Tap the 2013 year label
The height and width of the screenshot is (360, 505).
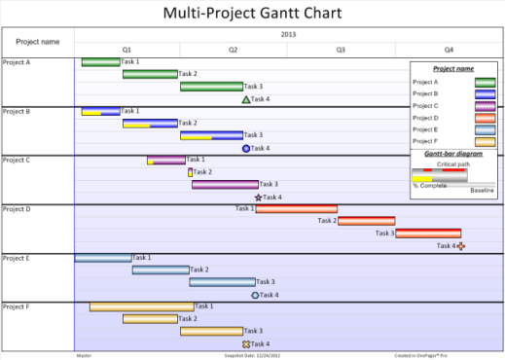tap(288, 34)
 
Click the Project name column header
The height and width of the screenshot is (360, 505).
tap(38, 42)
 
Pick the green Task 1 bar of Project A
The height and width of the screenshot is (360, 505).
tap(100, 62)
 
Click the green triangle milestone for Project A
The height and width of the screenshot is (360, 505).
tap(246, 99)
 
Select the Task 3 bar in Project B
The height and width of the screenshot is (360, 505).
tap(211, 136)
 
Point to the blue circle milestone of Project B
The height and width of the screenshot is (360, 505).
tap(246, 149)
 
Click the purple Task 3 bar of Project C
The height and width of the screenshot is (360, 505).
tap(225, 184)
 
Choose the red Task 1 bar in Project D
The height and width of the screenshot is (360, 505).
tap(297, 208)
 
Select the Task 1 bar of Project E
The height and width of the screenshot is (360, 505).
tap(103, 258)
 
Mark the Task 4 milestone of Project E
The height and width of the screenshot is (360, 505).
tap(255, 295)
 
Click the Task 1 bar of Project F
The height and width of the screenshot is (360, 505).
tap(141, 307)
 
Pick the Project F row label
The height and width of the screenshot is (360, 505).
tap(17, 306)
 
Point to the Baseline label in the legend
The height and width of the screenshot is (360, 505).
tap(482, 191)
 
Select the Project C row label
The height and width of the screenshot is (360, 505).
tap(17, 160)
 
